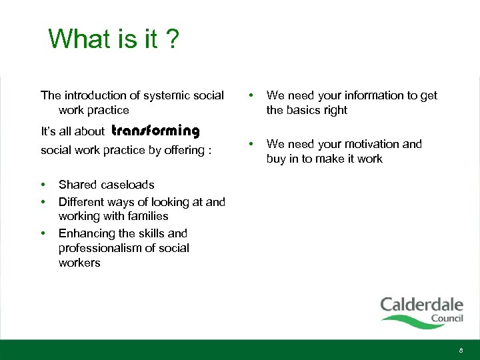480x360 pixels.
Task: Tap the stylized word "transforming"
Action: click(155, 131)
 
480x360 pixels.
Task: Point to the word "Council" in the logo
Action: click(447, 319)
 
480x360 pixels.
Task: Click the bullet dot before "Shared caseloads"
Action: click(43, 185)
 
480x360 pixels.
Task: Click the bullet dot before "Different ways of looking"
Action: click(43, 201)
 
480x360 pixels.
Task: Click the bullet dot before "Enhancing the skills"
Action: click(43, 233)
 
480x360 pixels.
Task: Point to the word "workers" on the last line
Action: click(79, 263)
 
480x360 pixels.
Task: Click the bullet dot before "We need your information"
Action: click(251, 95)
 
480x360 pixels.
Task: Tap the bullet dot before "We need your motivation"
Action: click(251, 144)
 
